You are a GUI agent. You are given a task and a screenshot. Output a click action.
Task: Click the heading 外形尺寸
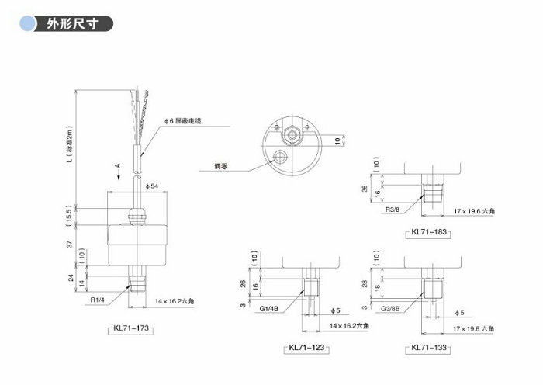coord(72,24)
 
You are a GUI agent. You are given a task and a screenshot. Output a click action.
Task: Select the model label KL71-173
coord(131,328)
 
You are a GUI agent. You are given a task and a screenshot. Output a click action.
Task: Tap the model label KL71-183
coord(429,232)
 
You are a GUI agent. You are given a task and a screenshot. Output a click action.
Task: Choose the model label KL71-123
coord(306,348)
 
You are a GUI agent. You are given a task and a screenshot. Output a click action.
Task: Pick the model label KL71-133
coord(429,348)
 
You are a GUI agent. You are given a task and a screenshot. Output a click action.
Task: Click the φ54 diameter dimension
coord(152,186)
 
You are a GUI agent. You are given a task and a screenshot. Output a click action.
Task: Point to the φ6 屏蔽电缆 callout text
coord(182,121)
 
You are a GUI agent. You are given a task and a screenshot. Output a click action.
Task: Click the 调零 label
coord(221,166)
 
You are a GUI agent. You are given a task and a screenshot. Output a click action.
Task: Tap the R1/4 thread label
coord(97,300)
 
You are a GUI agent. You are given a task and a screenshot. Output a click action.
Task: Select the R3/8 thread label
coord(393,210)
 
